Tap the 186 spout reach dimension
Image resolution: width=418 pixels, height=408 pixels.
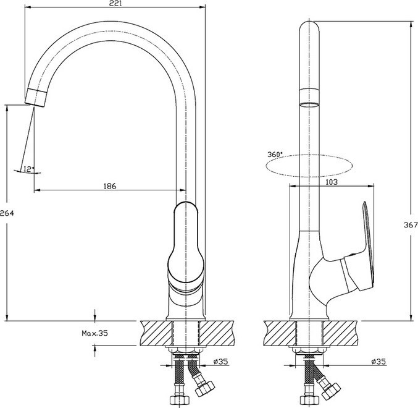coord(110,186)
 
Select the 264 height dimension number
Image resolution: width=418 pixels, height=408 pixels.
coord(7,213)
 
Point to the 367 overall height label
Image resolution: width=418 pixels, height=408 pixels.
coord(411,225)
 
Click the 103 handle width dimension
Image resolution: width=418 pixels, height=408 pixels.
coord(332,182)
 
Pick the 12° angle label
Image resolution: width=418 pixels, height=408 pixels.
coord(29,169)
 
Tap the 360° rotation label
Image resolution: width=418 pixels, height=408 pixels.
coord(275,155)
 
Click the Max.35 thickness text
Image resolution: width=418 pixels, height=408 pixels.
coord(94,333)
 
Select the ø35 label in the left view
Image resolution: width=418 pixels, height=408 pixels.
coord(220,362)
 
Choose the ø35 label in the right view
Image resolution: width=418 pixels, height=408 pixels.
coord(378,362)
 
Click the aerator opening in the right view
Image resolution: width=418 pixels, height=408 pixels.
coord(309,104)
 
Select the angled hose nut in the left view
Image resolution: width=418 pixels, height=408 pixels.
coord(205,389)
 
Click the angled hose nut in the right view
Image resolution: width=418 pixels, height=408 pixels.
coord(331,391)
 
